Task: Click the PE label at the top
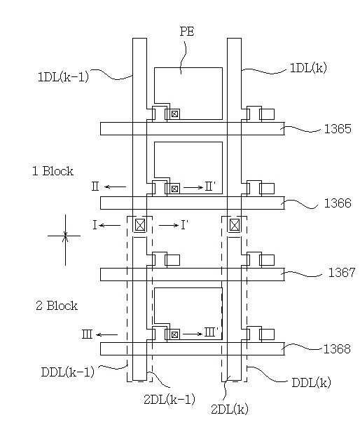pos(187,32)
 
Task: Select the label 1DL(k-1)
pos(63,77)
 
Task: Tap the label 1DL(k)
pos(308,67)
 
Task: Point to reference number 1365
pos(338,129)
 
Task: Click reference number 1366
pos(338,203)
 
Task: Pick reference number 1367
pos(342,272)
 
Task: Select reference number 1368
pos(337,349)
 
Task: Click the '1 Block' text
pos(53,171)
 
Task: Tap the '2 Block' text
pos(57,306)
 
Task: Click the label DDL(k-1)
pos(67,372)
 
